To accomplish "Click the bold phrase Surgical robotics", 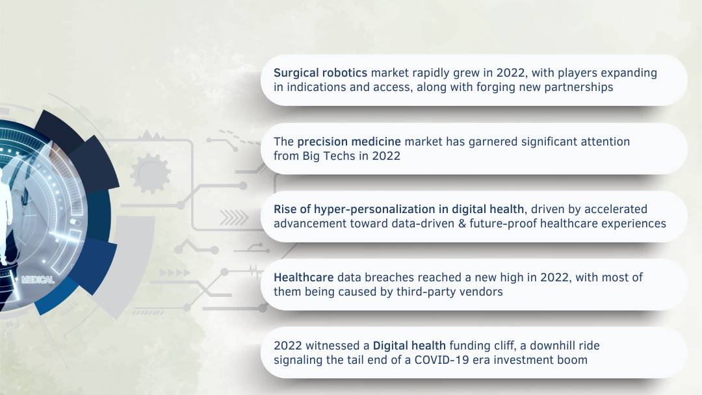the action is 320,73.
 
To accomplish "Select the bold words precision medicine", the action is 349,142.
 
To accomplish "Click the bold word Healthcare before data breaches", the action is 304,277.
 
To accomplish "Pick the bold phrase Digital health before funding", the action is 409,346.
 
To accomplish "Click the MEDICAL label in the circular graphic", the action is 38,280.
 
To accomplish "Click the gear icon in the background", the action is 150,173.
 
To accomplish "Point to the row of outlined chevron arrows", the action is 234,218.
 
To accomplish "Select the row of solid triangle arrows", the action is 175,272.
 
